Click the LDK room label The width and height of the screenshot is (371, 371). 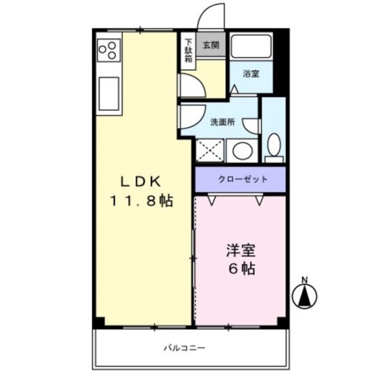pyautogui.click(x=141, y=182)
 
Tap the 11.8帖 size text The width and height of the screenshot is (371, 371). pyautogui.click(x=142, y=201)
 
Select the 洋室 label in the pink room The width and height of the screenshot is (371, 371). pyautogui.click(x=241, y=251)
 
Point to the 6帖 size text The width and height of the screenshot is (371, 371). pyautogui.click(x=242, y=269)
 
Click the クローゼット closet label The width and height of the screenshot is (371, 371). pyautogui.click(x=243, y=179)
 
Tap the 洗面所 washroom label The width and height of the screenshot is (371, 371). pyautogui.click(x=223, y=122)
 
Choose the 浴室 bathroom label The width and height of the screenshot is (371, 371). pyautogui.click(x=251, y=74)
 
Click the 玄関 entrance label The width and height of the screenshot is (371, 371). pyautogui.click(x=211, y=45)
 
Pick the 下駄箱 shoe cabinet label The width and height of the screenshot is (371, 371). pyautogui.click(x=189, y=51)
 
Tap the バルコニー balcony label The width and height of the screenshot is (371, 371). pyautogui.click(x=185, y=348)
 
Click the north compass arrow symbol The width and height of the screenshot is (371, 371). pyautogui.click(x=305, y=297)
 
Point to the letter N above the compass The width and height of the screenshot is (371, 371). pyautogui.click(x=305, y=280)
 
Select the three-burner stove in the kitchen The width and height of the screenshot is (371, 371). pyautogui.click(x=109, y=50)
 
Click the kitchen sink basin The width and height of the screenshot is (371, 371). pyautogui.click(x=109, y=93)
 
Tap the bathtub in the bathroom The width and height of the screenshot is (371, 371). pyautogui.click(x=251, y=46)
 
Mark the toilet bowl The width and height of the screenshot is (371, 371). pyautogui.click(x=274, y=145)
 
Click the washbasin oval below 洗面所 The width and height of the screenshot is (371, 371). pyautogui.click(x=242, y=151)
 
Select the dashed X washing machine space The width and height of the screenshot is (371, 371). pyautogui.click(x=210, y=151)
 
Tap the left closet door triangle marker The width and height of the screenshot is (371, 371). pyautogui.click(x=211, y=200)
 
